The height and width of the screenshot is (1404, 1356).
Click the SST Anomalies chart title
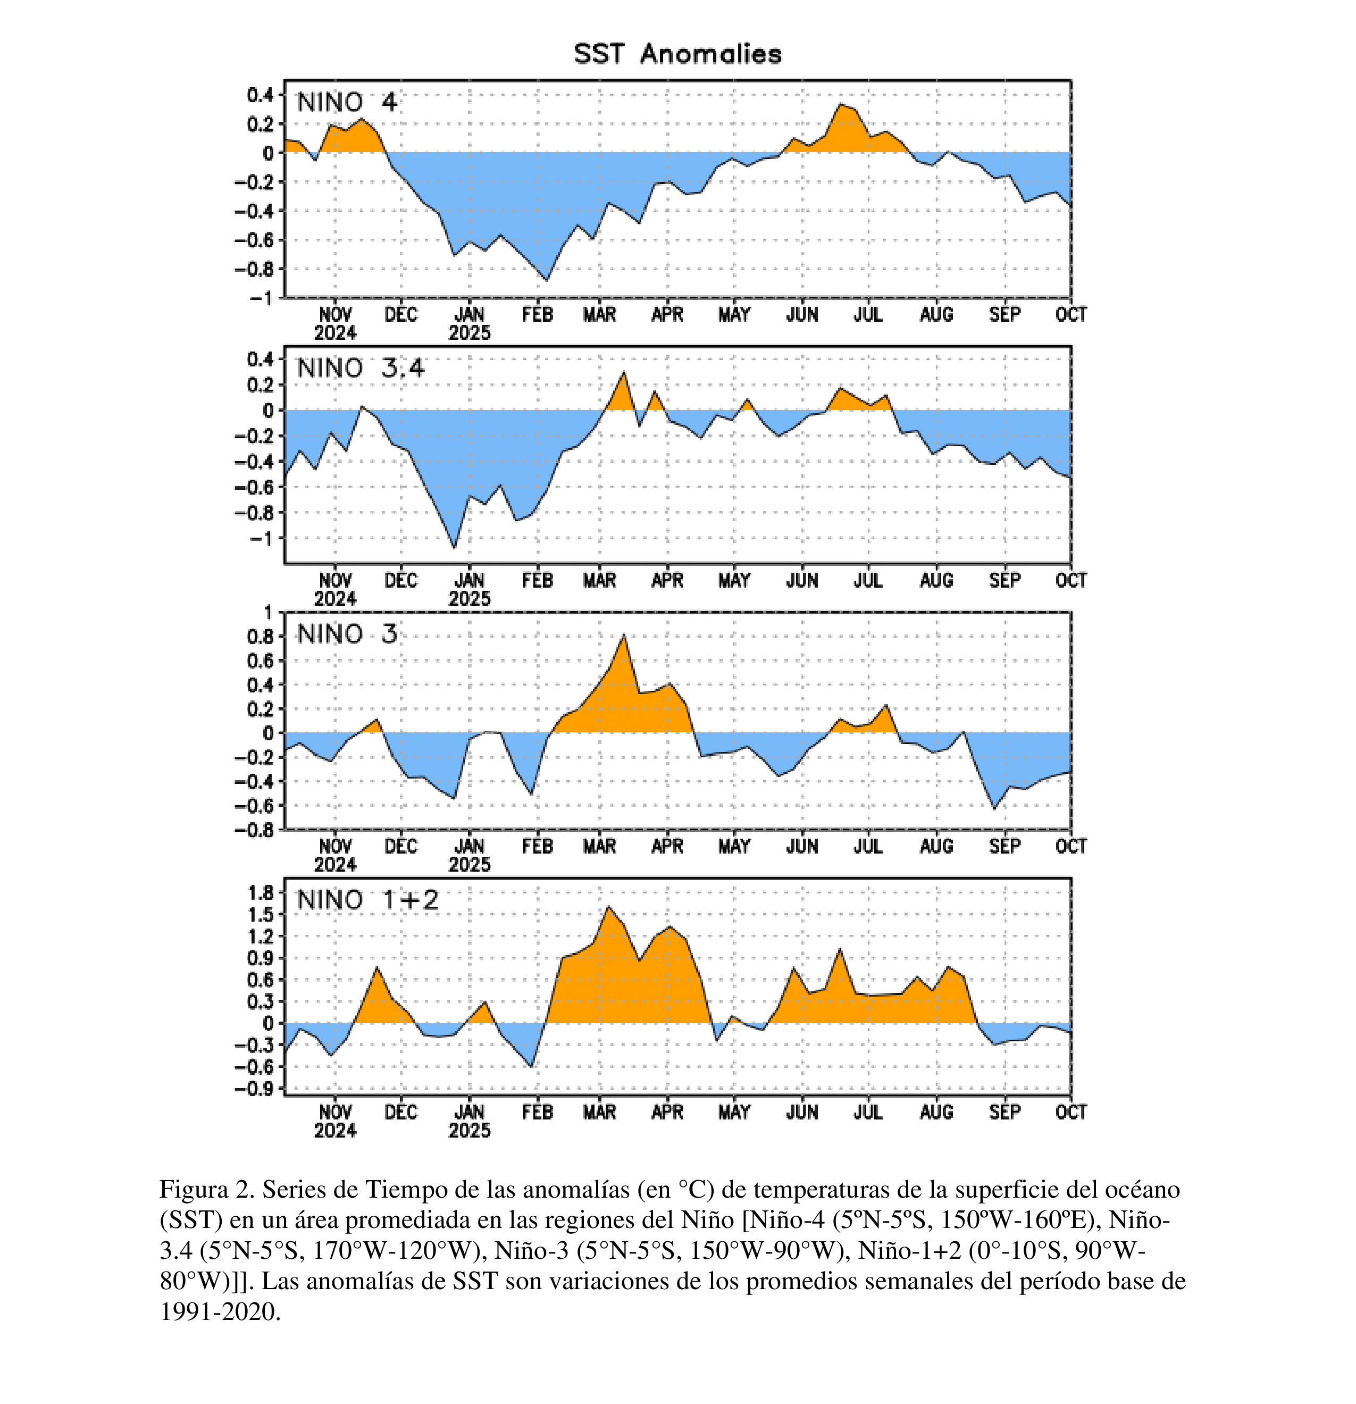[677, 54]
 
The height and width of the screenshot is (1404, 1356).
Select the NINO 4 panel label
[347, 103]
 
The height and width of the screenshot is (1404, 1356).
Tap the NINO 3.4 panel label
[361, 368]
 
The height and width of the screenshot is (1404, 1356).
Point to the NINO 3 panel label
[347, 634]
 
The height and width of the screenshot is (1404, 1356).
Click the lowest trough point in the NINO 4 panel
[547, 280]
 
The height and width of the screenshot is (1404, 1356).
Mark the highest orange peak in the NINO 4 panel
[841, 105]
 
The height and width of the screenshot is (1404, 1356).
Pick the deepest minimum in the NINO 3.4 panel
[454, 548]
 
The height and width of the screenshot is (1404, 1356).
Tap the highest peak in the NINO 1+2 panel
[609, 907]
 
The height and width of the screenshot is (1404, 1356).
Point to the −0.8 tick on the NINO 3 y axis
[254, 830]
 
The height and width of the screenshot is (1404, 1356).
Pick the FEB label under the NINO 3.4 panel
[537, 580]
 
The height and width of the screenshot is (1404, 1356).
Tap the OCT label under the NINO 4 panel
[1070, 314]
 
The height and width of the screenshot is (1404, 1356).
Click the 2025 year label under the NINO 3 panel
[469, 865]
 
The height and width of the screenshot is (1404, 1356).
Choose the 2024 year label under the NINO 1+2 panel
[334, 1130]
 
